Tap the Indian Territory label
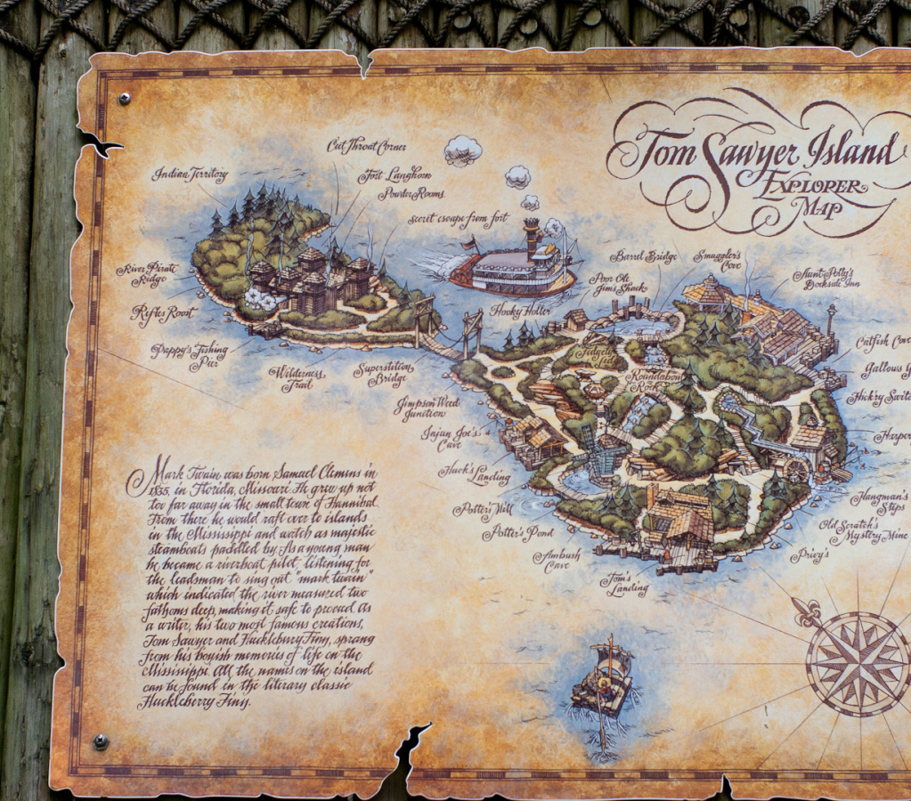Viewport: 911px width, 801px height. click(x=190, y=174)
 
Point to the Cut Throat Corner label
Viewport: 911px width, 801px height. click(x=366, y=145)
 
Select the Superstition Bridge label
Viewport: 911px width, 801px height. click(x=383, y=374)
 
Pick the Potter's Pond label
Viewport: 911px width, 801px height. click(x=517, y=533)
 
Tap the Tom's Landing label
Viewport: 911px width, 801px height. click(x=624, y=584)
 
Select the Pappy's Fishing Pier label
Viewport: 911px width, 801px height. click(x=189, y=355)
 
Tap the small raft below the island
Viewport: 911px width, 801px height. click(x=603, y=684)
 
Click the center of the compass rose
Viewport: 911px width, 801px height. click(x=856, y=664)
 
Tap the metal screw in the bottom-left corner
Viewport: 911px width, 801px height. click(x=101, y=740)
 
